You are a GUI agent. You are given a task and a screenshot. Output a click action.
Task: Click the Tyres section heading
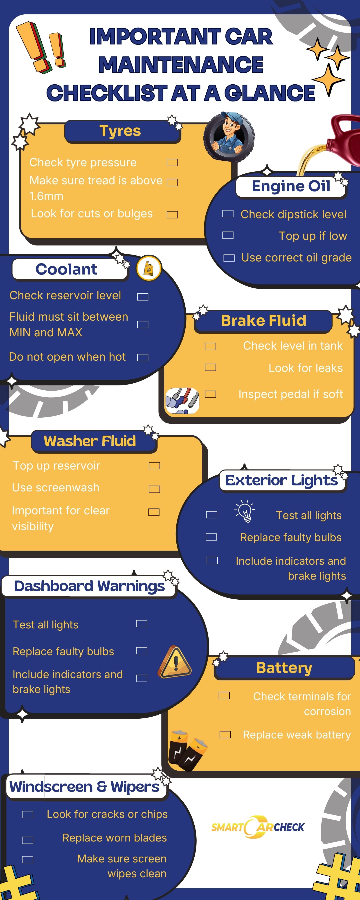[120, 131]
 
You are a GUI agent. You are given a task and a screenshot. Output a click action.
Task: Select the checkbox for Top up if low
[228, 235]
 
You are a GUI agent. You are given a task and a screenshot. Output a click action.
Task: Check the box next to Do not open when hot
[143, 358]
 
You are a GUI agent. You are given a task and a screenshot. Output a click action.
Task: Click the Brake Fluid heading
[263, 321]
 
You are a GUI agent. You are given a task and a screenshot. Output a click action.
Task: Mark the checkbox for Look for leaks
[210, 367]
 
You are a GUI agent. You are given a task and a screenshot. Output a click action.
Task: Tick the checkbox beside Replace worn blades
[28, 840]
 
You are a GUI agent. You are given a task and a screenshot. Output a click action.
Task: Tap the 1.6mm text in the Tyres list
[47, 196]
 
